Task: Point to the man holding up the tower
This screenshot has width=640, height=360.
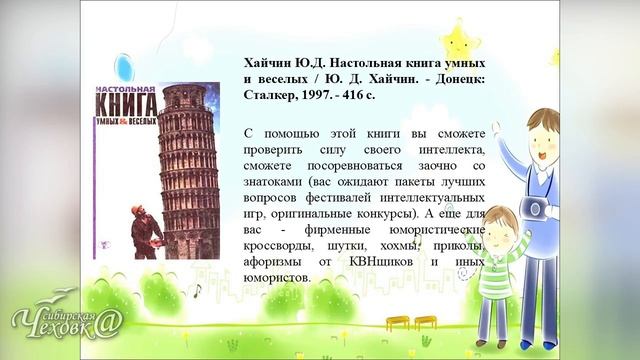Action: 144,232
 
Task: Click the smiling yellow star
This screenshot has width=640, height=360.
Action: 461,40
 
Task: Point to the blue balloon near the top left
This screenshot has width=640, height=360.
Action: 124,68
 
